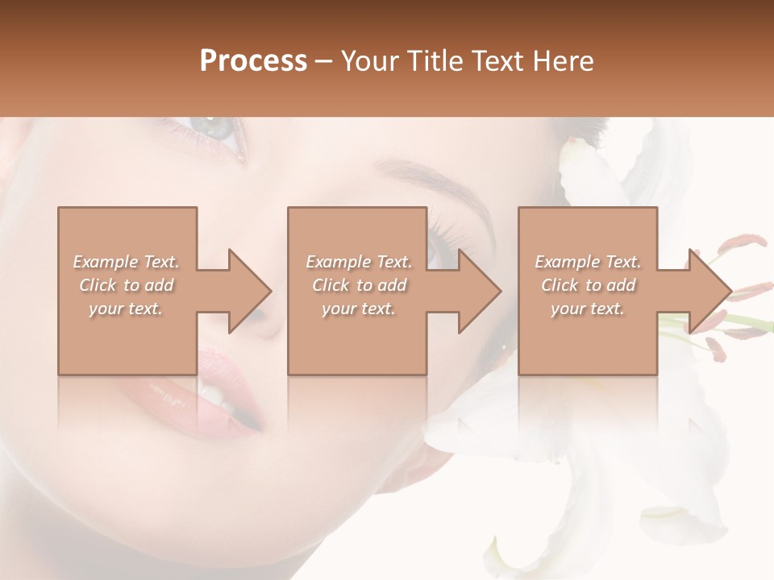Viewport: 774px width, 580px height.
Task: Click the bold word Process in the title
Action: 253,61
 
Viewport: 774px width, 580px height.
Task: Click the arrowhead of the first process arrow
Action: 251,291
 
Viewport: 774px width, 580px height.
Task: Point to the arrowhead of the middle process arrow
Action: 481,291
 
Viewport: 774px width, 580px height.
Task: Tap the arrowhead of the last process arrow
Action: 711,291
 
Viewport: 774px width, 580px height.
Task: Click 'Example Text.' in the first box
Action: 126,262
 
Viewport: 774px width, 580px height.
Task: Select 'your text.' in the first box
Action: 126,309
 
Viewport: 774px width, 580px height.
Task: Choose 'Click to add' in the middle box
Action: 359,285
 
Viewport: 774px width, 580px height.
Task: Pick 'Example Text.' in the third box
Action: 588,262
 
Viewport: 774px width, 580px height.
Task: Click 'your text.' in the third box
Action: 588,309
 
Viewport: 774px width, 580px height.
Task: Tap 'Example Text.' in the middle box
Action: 359,262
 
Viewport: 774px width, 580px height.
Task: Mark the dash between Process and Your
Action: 324,62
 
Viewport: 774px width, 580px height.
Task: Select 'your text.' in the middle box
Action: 359,309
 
